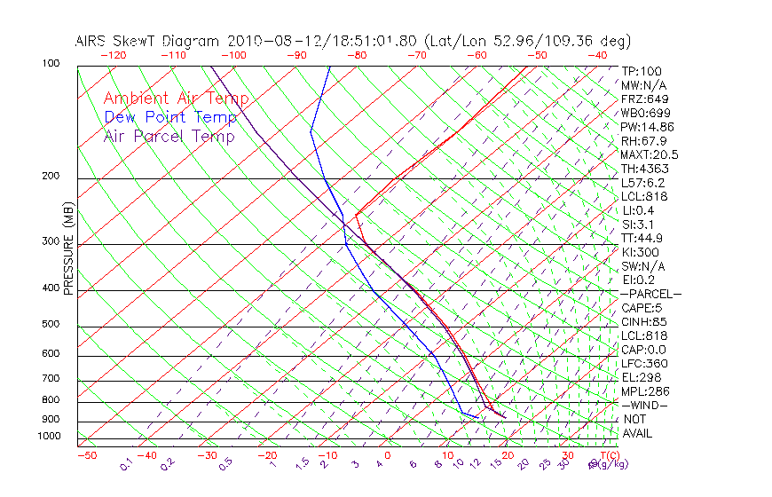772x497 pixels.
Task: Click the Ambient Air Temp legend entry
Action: point(176,99)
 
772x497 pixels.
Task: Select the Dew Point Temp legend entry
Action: point(170,117)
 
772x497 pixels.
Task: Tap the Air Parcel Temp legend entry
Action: point(169,136)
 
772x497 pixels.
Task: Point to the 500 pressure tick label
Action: point(51,324)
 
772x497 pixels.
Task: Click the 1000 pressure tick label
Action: point(48,436)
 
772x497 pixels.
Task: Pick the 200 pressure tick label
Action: point(51,176)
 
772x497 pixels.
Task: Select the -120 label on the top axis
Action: point(113,55)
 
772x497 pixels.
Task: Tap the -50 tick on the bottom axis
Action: point(86,455)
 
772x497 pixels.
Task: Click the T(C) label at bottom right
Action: point(608,455)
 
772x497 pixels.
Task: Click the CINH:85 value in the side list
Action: point(643,322)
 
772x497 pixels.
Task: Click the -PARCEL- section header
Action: point(650,294)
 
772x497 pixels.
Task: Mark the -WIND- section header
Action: point(643,405)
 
